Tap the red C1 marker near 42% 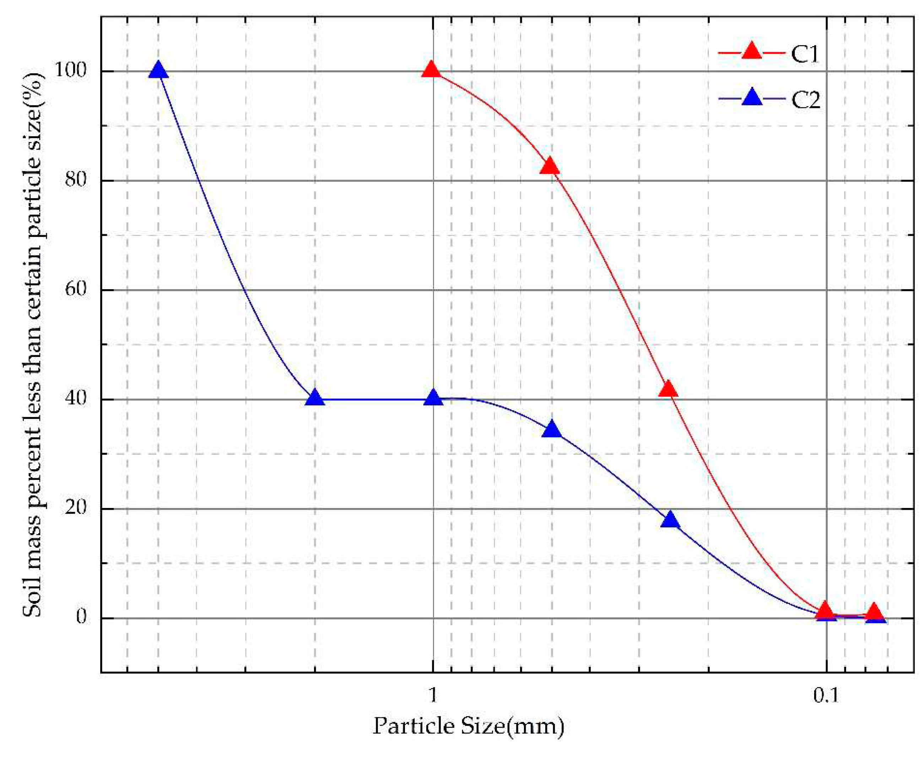668,388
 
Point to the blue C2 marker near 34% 552,429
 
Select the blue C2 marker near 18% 670,520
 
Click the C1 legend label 805,54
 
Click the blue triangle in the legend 752,97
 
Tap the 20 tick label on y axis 77,508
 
